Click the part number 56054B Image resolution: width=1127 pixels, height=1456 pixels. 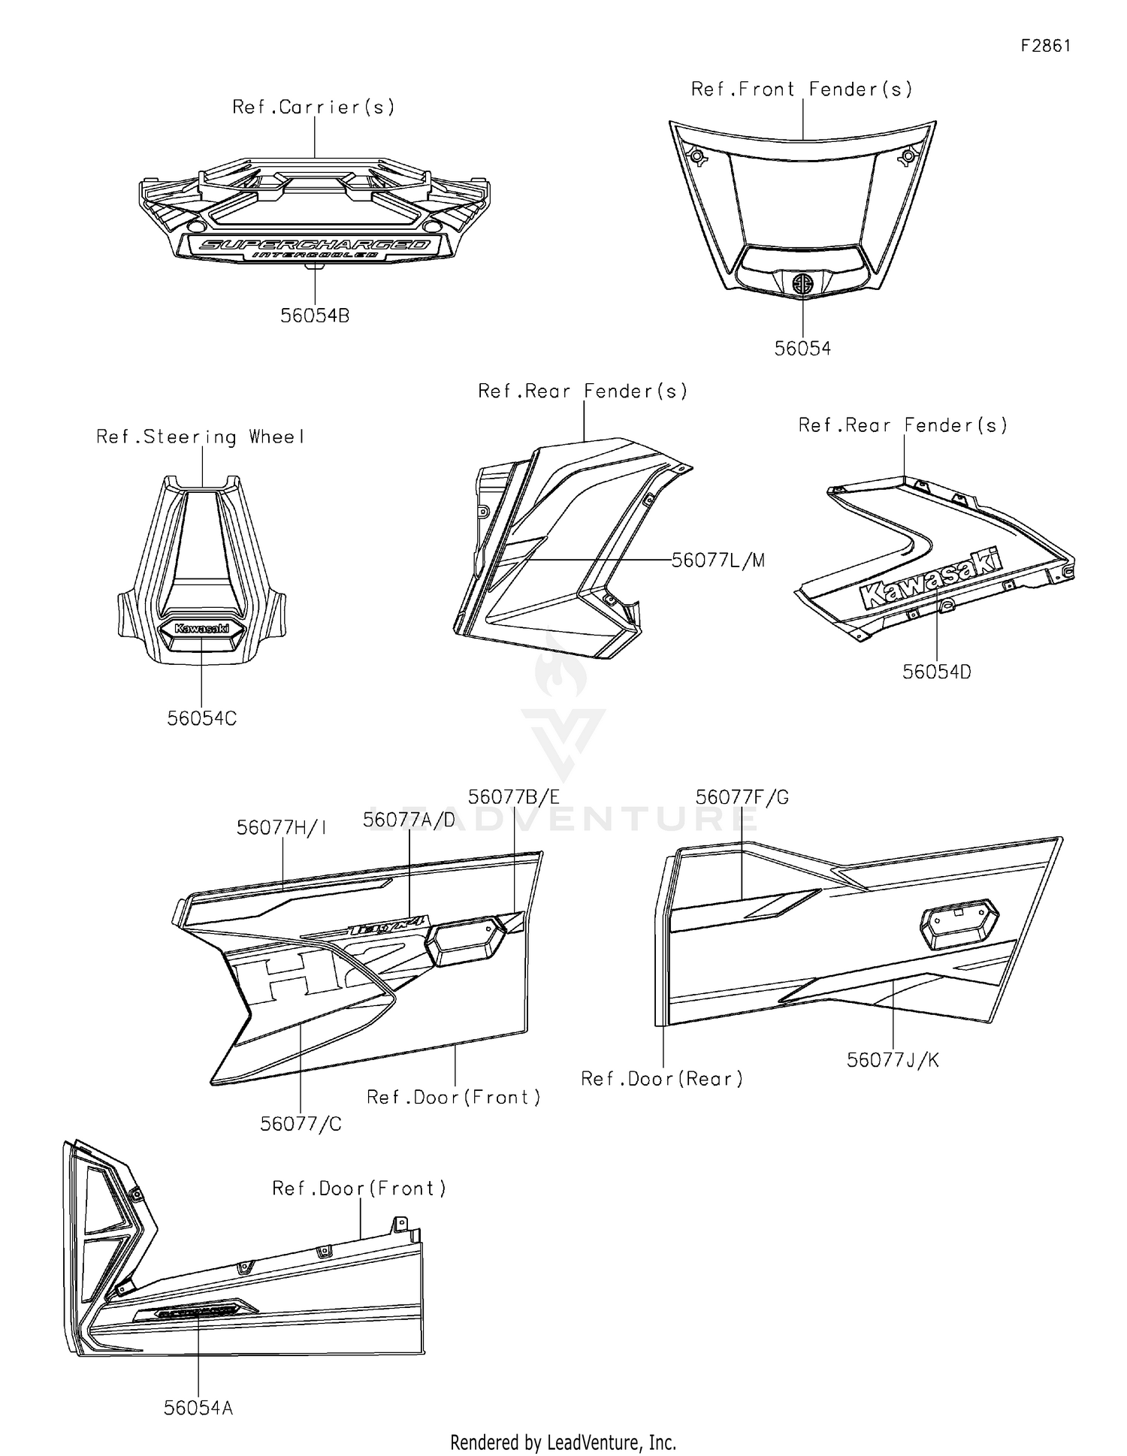click(315, 316)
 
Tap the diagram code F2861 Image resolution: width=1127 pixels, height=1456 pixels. click(1045, 46)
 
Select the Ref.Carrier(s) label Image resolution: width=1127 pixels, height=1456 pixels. click(313, 107)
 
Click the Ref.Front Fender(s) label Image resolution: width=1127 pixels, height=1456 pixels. click(802, 89)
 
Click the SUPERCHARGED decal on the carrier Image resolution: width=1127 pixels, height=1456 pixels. click(316, 245)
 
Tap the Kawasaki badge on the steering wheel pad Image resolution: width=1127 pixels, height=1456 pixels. click(201, 628)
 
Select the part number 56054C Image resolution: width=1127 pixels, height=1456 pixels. click(201, 719)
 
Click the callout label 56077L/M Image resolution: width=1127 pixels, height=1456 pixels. click(718, 560)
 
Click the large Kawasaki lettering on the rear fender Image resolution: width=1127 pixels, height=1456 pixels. click(932, 579)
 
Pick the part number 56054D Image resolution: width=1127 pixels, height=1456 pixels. click(936, 672)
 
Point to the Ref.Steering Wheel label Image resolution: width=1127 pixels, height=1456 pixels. click(201, 437)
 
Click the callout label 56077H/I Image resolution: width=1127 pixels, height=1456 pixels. click(282, 828)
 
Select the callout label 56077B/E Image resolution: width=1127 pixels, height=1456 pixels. click(513, 797)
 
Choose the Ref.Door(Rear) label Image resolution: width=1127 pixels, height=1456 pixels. click(662, 1080)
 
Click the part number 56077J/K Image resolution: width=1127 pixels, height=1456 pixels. click(893, 1060)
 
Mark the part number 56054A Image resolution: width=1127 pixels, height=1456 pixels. click(198, 1408)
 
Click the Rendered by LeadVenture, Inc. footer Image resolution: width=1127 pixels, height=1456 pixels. click(563, 1442)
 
